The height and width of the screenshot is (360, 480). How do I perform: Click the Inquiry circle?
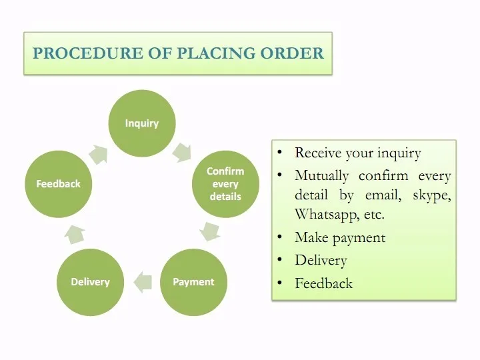[x=142, y=123]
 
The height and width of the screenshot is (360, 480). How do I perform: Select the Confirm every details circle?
[x=225, y=184]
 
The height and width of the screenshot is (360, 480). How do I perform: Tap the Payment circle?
[x=193, y=282]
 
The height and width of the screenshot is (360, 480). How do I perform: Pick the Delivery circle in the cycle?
[x=90, y=282]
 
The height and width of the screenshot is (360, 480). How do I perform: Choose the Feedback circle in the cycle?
[x=59, y=184]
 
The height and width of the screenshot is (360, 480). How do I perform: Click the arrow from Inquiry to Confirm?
[x=182, y=152]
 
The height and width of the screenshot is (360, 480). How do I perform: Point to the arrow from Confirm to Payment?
[x=210, y=232]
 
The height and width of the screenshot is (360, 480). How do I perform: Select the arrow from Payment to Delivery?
[x=143, y=282]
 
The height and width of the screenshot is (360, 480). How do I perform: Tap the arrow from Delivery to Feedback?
[x=75, y=234]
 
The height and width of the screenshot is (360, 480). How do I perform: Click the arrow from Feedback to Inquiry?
[x=99, y=154]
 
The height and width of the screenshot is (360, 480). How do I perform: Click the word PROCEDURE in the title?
[x=88, y=53]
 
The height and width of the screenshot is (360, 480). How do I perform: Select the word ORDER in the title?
[x=292, y=53]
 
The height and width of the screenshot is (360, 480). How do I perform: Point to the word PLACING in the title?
[x=216, y=53]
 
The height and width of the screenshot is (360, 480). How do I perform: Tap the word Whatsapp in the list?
[x=326, y=214]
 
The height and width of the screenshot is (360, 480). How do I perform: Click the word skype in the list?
[x=432, y=195]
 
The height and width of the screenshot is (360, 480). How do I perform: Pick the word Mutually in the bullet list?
[x=322, y=176]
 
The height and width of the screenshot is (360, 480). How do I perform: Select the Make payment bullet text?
[x=340, y=238]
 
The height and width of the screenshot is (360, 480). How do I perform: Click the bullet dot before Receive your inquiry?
[x=279, y=152]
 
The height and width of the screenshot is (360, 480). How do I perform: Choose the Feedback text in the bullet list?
[x=323, y=283]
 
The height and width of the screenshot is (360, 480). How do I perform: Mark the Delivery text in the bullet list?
[x=321, y=261]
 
